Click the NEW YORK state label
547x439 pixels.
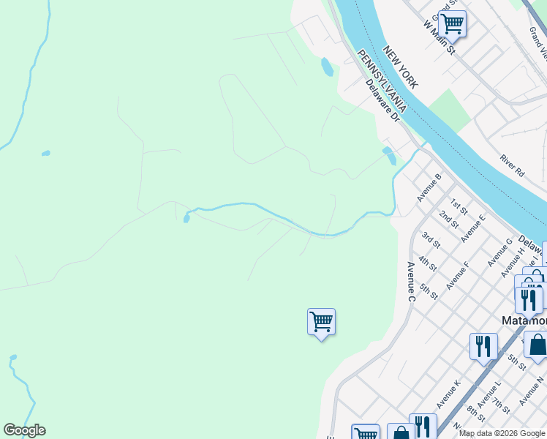point(401,67)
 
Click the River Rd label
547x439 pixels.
point(513,165)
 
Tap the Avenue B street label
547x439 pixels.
point(429,188)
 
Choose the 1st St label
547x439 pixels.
point(459,204)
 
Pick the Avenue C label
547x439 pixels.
point(411,282)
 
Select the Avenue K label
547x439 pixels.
point(448,394)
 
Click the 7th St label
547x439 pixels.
point(501,404)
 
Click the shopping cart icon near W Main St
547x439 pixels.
point(452,23)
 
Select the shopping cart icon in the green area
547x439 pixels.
point(321,321)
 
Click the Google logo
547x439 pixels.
point(24,430)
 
